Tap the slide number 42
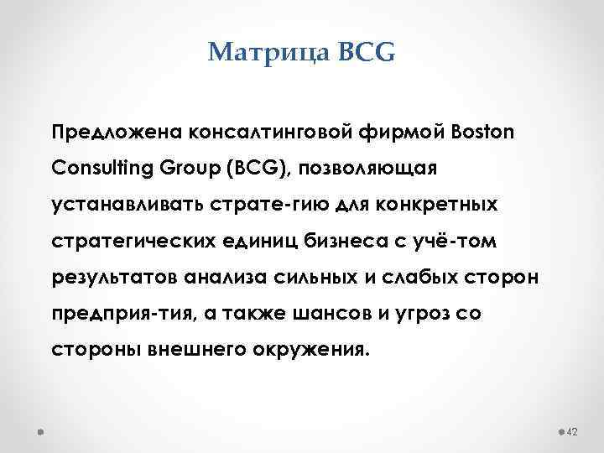pos(574,431)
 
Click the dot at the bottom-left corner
pos(41,431)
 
